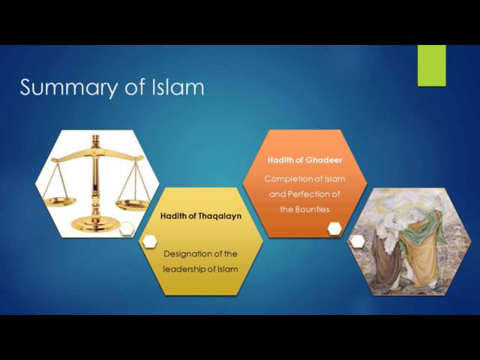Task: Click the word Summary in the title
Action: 69,88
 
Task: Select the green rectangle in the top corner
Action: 432,66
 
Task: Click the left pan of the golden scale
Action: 60,202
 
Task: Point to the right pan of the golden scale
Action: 132,205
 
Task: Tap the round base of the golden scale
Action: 95,225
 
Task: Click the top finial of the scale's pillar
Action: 96,140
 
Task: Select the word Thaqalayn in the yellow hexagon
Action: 220,216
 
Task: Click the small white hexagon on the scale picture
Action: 127,229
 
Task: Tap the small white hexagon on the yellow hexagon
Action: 150,241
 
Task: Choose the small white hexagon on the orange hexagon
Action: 334,228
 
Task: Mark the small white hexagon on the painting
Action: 358,241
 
